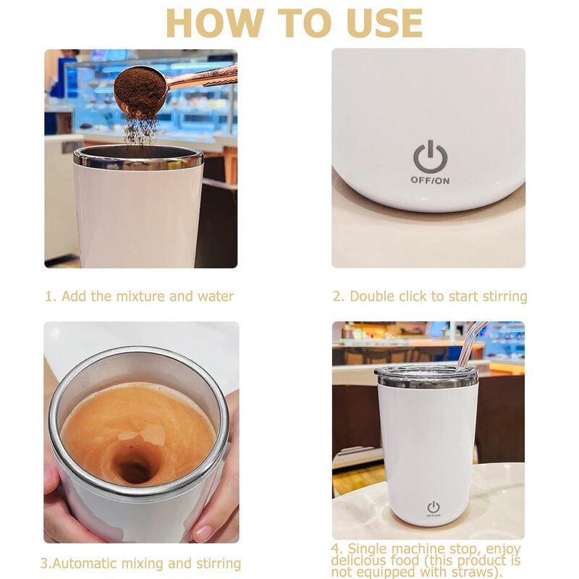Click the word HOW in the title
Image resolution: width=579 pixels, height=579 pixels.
pos(211,23)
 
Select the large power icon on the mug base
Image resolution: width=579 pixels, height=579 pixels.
pos(430,157)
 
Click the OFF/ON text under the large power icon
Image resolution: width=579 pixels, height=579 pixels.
pos(430,180)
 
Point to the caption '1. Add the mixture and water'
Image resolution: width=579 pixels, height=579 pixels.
pos(140,296)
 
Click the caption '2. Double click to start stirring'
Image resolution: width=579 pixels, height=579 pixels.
pos(429,296)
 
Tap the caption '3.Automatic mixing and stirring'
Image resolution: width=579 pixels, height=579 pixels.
pos(140,563)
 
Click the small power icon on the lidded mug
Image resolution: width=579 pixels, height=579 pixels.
pos(433,507)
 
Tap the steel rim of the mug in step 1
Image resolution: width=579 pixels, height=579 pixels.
pos(138,157)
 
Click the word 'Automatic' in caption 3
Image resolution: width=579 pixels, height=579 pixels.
pos(86,563)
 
